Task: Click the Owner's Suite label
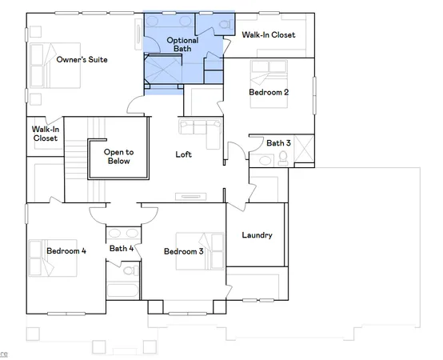tap(82, 59)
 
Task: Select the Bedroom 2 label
tap(269, 92)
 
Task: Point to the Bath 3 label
tap(278, 143)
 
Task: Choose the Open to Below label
tap(120, 155)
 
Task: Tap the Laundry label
tap(257, 235)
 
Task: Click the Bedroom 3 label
tap(184, 252)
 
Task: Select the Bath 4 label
tap(122, 248)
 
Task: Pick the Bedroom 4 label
tap(66, 251)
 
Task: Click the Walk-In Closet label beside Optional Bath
tap(269, 34)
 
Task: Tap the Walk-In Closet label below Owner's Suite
tap(45, 133)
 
